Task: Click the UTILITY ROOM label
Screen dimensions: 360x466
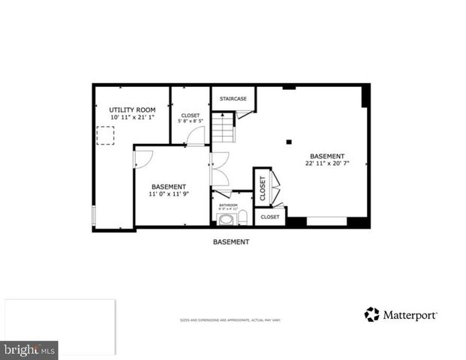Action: click(x=132, y=109)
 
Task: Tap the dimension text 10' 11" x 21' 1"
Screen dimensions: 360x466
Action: click(x=132, y=118)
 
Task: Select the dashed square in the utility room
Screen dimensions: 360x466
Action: click(x=106, y=136)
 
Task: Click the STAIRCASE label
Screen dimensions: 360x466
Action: click(x=233, y=98)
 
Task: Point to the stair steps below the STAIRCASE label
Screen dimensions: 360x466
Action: click(x=223, y=127)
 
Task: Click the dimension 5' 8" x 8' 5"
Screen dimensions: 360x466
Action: click(x=190, y=121)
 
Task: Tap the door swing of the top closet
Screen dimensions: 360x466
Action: click(x=196, y=136)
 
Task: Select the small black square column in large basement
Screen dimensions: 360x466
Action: click(x=289, y=141)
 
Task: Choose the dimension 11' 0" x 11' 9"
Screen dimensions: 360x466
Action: click(x=169, y=194)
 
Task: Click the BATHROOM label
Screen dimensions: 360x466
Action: click(x=228, y=205)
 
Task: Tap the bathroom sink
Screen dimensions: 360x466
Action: click(x=225, y=219)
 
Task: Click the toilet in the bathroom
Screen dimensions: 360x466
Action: click(x=242, y=218)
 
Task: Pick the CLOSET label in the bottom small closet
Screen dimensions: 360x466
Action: click(x=269, y=217)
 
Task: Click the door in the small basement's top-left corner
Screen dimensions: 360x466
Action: click(x=143, y=157)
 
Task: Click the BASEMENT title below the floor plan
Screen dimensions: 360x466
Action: click(x=231, y=242)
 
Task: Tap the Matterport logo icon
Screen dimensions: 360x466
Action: click(x=371, y=314)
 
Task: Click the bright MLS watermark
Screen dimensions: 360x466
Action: click(x=29, y=350)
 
